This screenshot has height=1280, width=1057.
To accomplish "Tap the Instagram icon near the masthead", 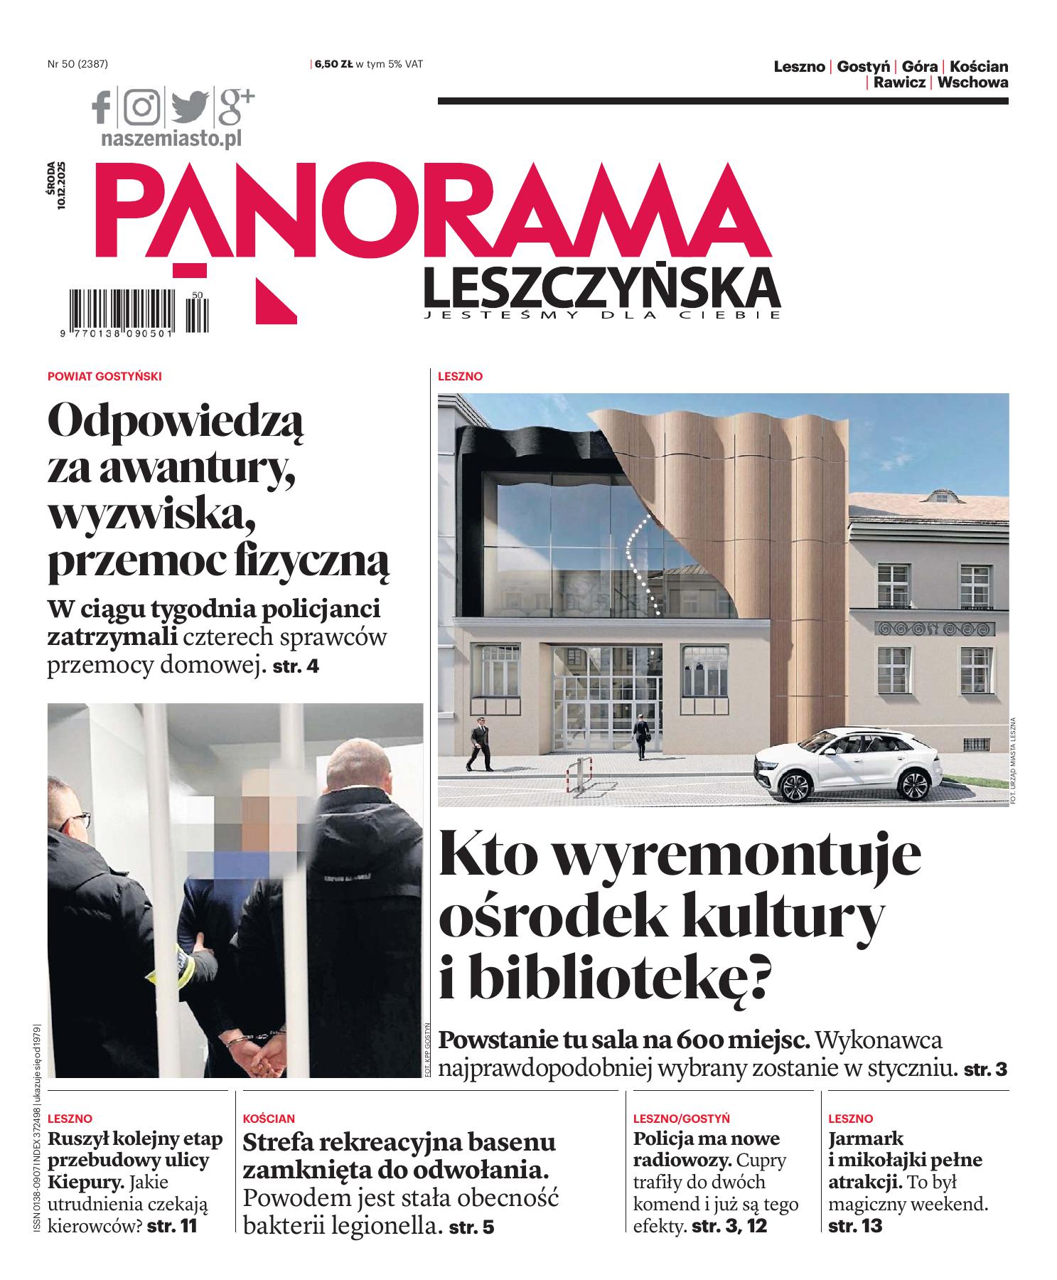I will (x=143, y=107).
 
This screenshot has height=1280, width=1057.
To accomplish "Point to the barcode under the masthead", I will (x=121, y=309).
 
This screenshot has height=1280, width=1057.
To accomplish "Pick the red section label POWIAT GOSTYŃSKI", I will (x=104, y=377).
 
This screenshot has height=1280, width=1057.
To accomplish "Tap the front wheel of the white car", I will (x=795, y=786).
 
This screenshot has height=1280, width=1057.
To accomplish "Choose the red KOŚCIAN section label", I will (x=269, y=1119).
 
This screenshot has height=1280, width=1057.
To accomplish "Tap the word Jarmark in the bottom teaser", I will (x=866, y=1138).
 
